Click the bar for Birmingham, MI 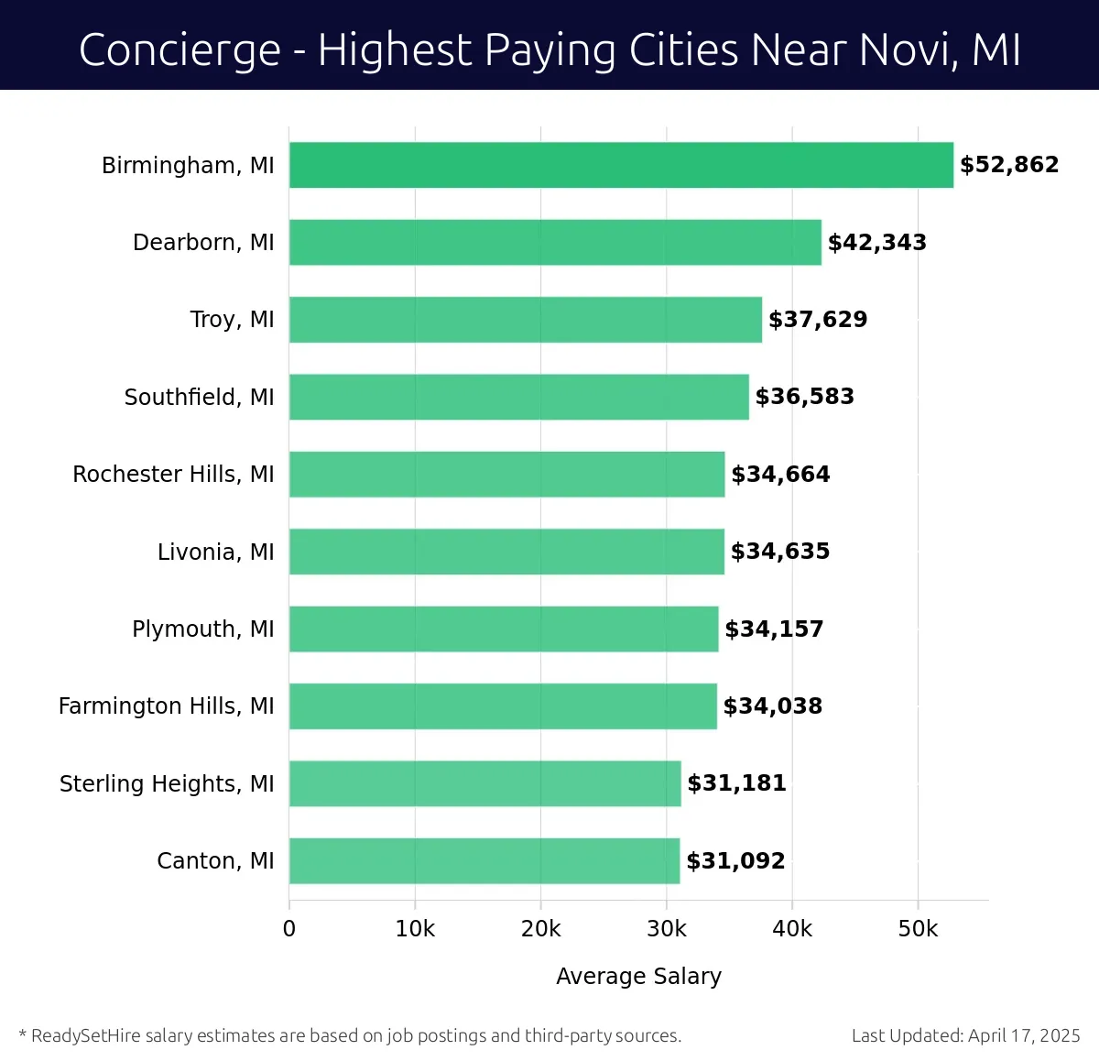tap(621, 165)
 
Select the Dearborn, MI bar tap(555, 243)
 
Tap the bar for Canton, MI tap(484, 861)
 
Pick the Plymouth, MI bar tap(504, 629)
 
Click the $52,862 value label tap(1009, 165)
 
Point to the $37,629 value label tap(818, 320)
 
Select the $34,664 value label tap(780, 475)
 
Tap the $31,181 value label tap(736, 783)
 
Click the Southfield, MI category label tap(199, 397)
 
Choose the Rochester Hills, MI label tap(173, 475)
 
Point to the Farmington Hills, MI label tap(166, 706)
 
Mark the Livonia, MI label tap(215, 552)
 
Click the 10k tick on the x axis tap(415, 929)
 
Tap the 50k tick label tap(918, 929)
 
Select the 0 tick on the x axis tap(289, 929)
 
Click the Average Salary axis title tap(638, 977)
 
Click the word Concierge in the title tap(180, 50)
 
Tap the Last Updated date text tap(965, 1036)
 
